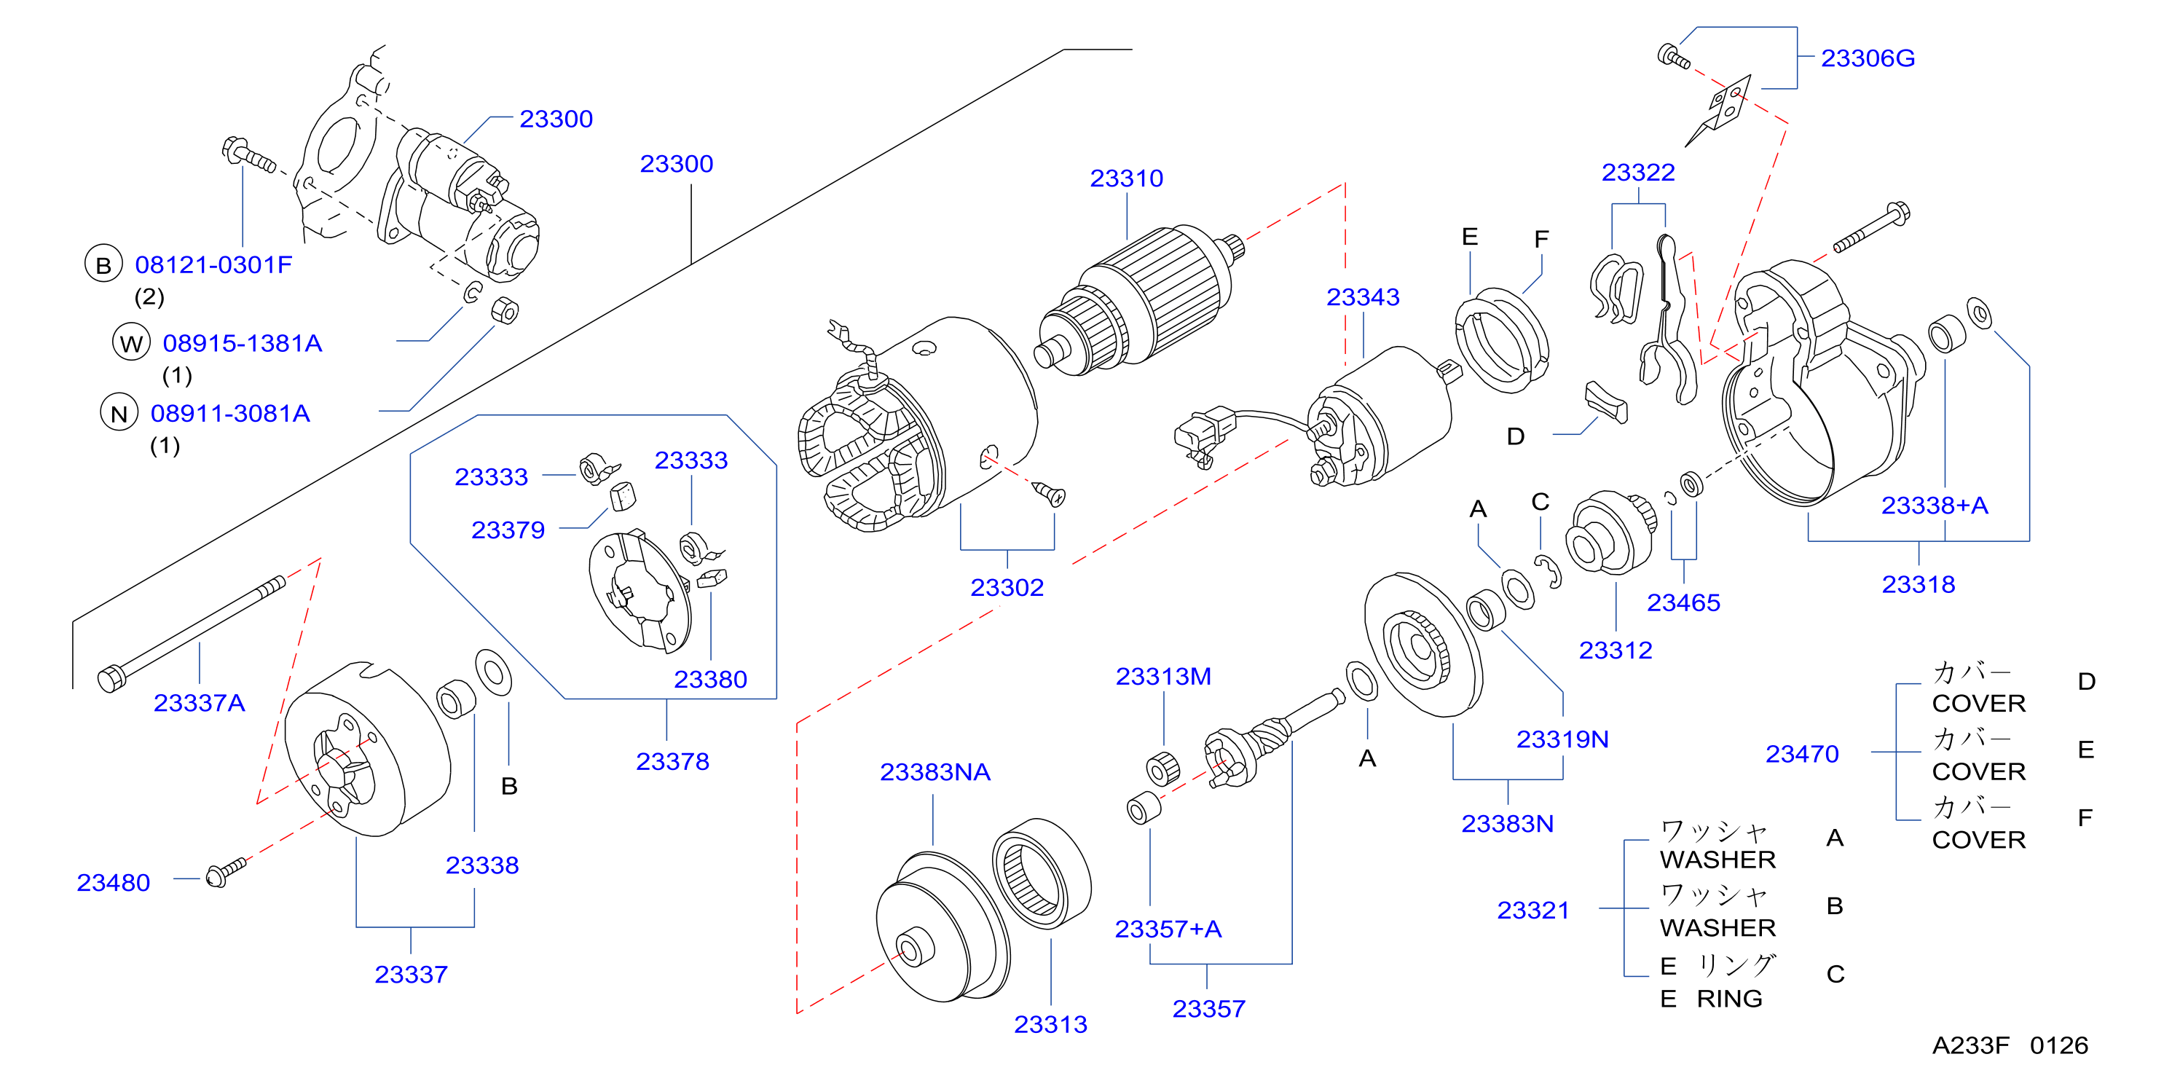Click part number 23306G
click(x=1868, y=58)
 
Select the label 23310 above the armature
click(x=1127, y=178)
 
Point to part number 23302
click(x=1007, y=587)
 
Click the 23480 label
click(x=113, y=882)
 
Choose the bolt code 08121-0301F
click(x=213, y=264)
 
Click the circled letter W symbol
click(x=130, y=342)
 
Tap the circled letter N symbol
click(x=119, y=412)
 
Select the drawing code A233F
click(x=1970, y=1045)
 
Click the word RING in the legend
click(x=1729, y=999)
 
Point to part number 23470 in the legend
click(x=1802, y=754)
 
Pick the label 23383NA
click(x=935, y=771)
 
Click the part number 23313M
click(x=1164, y=676)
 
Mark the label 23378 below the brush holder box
click(x=672, y=761)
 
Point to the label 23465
click(x=1683, y=603)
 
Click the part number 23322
click(x=1637, y=172)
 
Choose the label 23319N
click(x=1562, y=739)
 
